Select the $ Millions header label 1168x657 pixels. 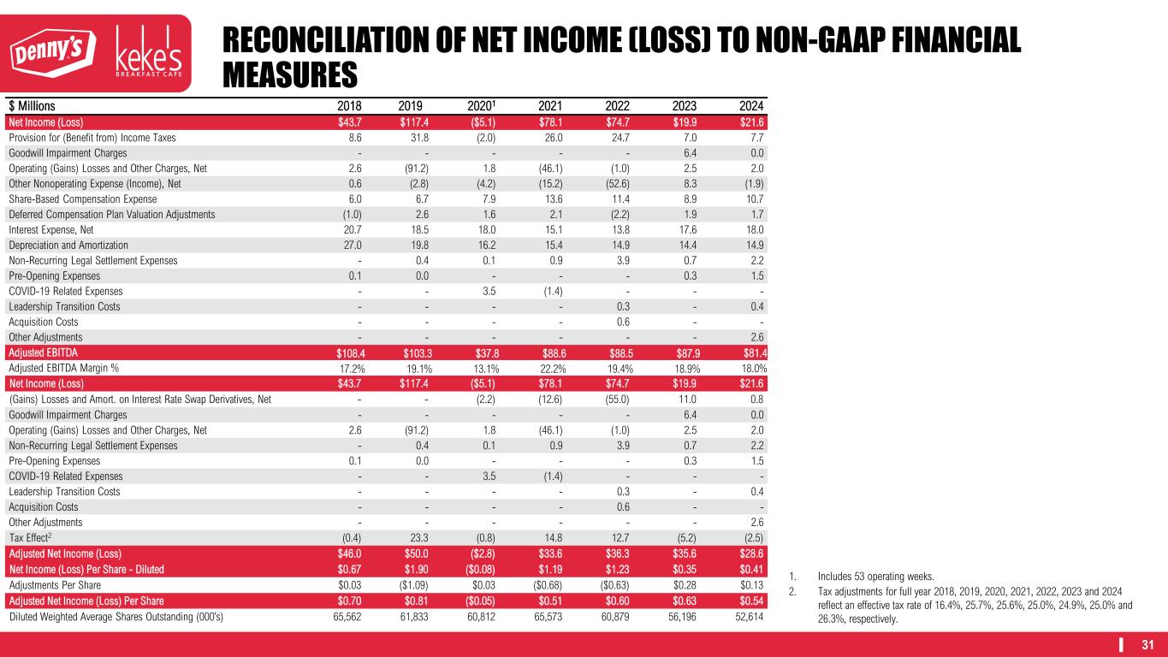(32, 106)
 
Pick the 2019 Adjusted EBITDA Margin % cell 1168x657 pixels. (413, 368)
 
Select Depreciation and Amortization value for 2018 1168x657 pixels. (352, 245)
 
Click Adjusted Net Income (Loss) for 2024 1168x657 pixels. (750, 553)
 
